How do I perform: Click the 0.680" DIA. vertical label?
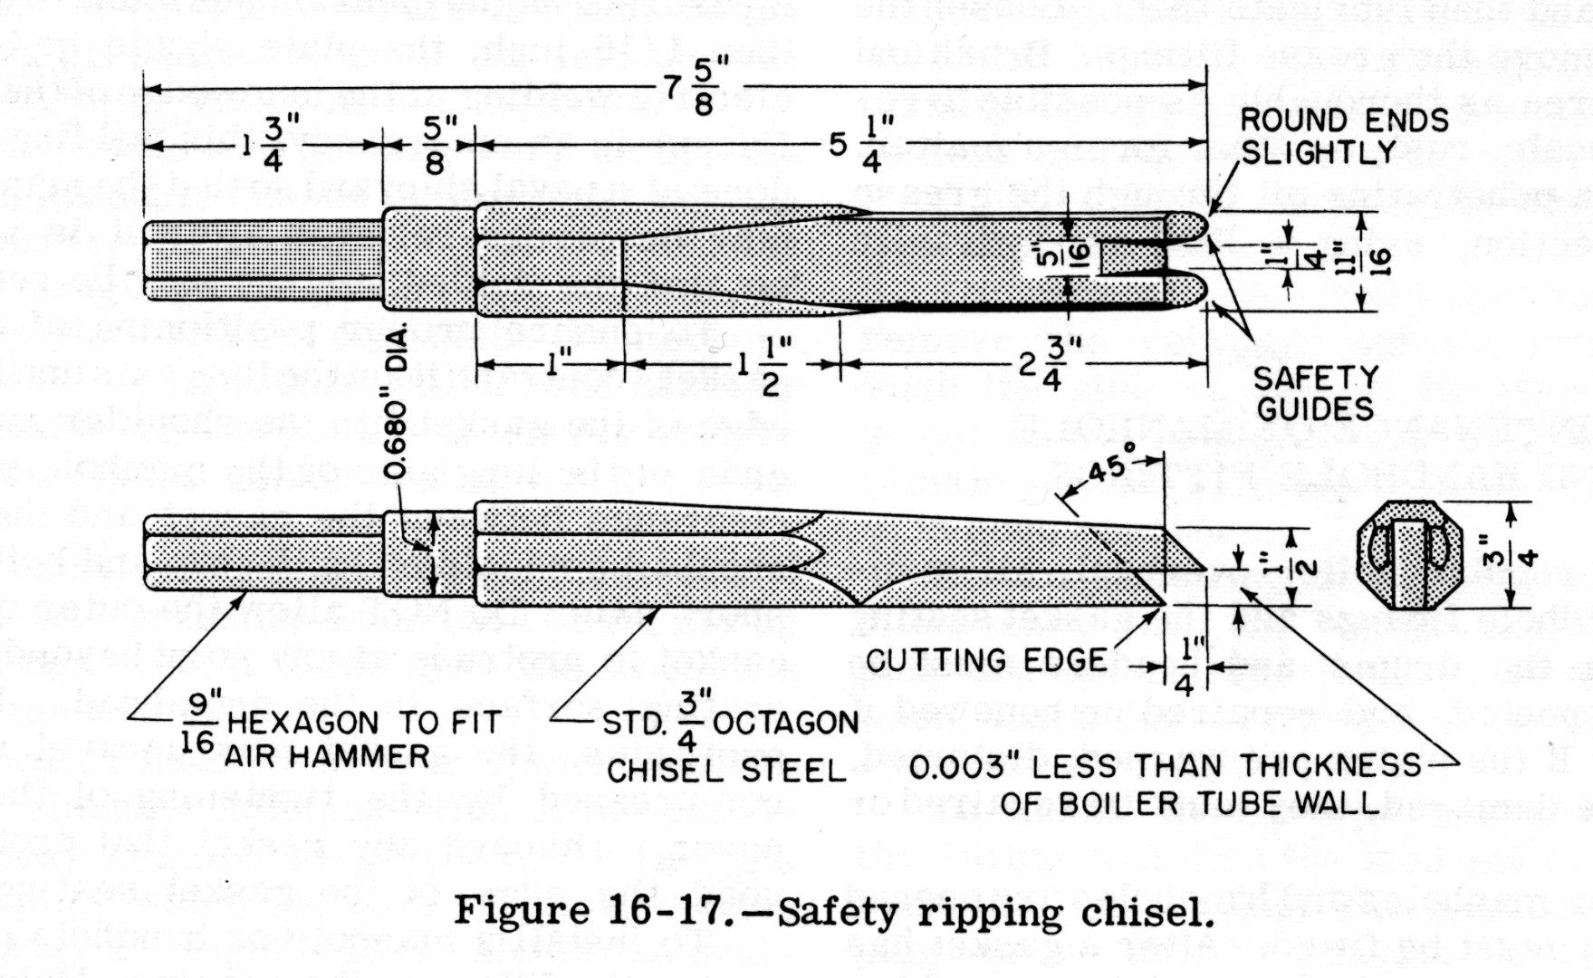(399, 398)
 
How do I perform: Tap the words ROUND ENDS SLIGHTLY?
(1342, 136)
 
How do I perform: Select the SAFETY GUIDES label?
(1314, 393)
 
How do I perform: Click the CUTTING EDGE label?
(986, 659)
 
